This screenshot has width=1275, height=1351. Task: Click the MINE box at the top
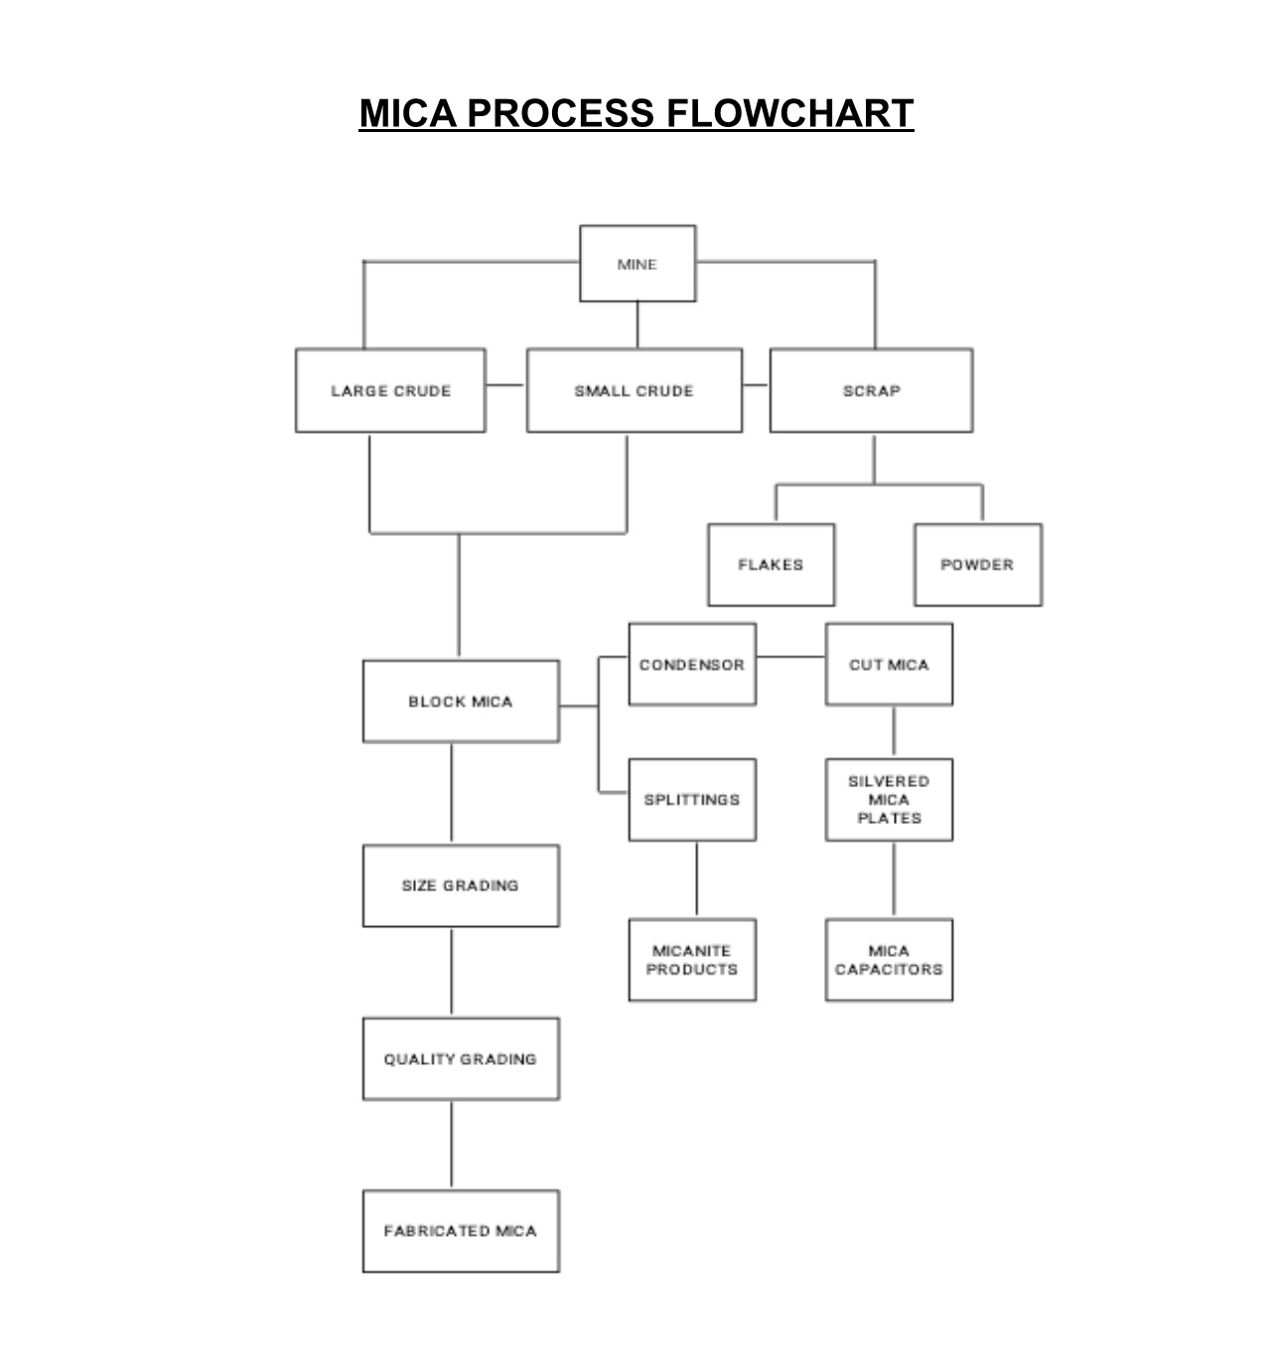pyautogui.click(x=637, y=264)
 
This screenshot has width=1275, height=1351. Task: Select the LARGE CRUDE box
pyautogui.click(x=390, y=390)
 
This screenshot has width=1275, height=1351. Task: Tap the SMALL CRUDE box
pyautogui.click(x=634, y=390)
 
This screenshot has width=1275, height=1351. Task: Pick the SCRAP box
pyautogui.click(x=871, y=390)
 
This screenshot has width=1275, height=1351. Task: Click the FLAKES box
pyautogui.click(x=771, y=565)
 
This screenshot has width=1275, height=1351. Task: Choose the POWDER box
pyautogui.click(x=977, y=565)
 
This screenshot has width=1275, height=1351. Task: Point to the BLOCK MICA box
pyautogui.click(x=461, y=702)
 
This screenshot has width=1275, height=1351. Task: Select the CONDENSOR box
pyautogui.click(x=692, y=665)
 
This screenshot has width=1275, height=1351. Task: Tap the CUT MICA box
pyautogui.click(x=889, y=665)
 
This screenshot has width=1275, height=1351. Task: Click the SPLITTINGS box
pyautogui.click(x=692, y=800)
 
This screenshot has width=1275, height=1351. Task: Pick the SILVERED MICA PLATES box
pyautogui.click(x=889, y=800)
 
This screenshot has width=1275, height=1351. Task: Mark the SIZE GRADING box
pyautogui.click(x=461, y=885)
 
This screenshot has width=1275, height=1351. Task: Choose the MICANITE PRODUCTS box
pyautogui.click(x=692, y=960)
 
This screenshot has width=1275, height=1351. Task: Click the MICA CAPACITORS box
pyautogui.click(x=889, y=960)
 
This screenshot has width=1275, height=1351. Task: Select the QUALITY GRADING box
pyautogui.click(x=461, y=1059)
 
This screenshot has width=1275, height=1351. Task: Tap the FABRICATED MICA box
pyautogui.click(x=461, y=1231)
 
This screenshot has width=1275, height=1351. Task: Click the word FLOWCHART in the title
pyautogui.click(x=789, y=113)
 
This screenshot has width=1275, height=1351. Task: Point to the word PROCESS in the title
pyautogui.click(x=560, y=113)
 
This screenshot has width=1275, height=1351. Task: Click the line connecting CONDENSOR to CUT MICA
pyautogui.click(x=790, y=656)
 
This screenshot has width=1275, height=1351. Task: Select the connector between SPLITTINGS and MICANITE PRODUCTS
pyautogui.click(x=696, y=879)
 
